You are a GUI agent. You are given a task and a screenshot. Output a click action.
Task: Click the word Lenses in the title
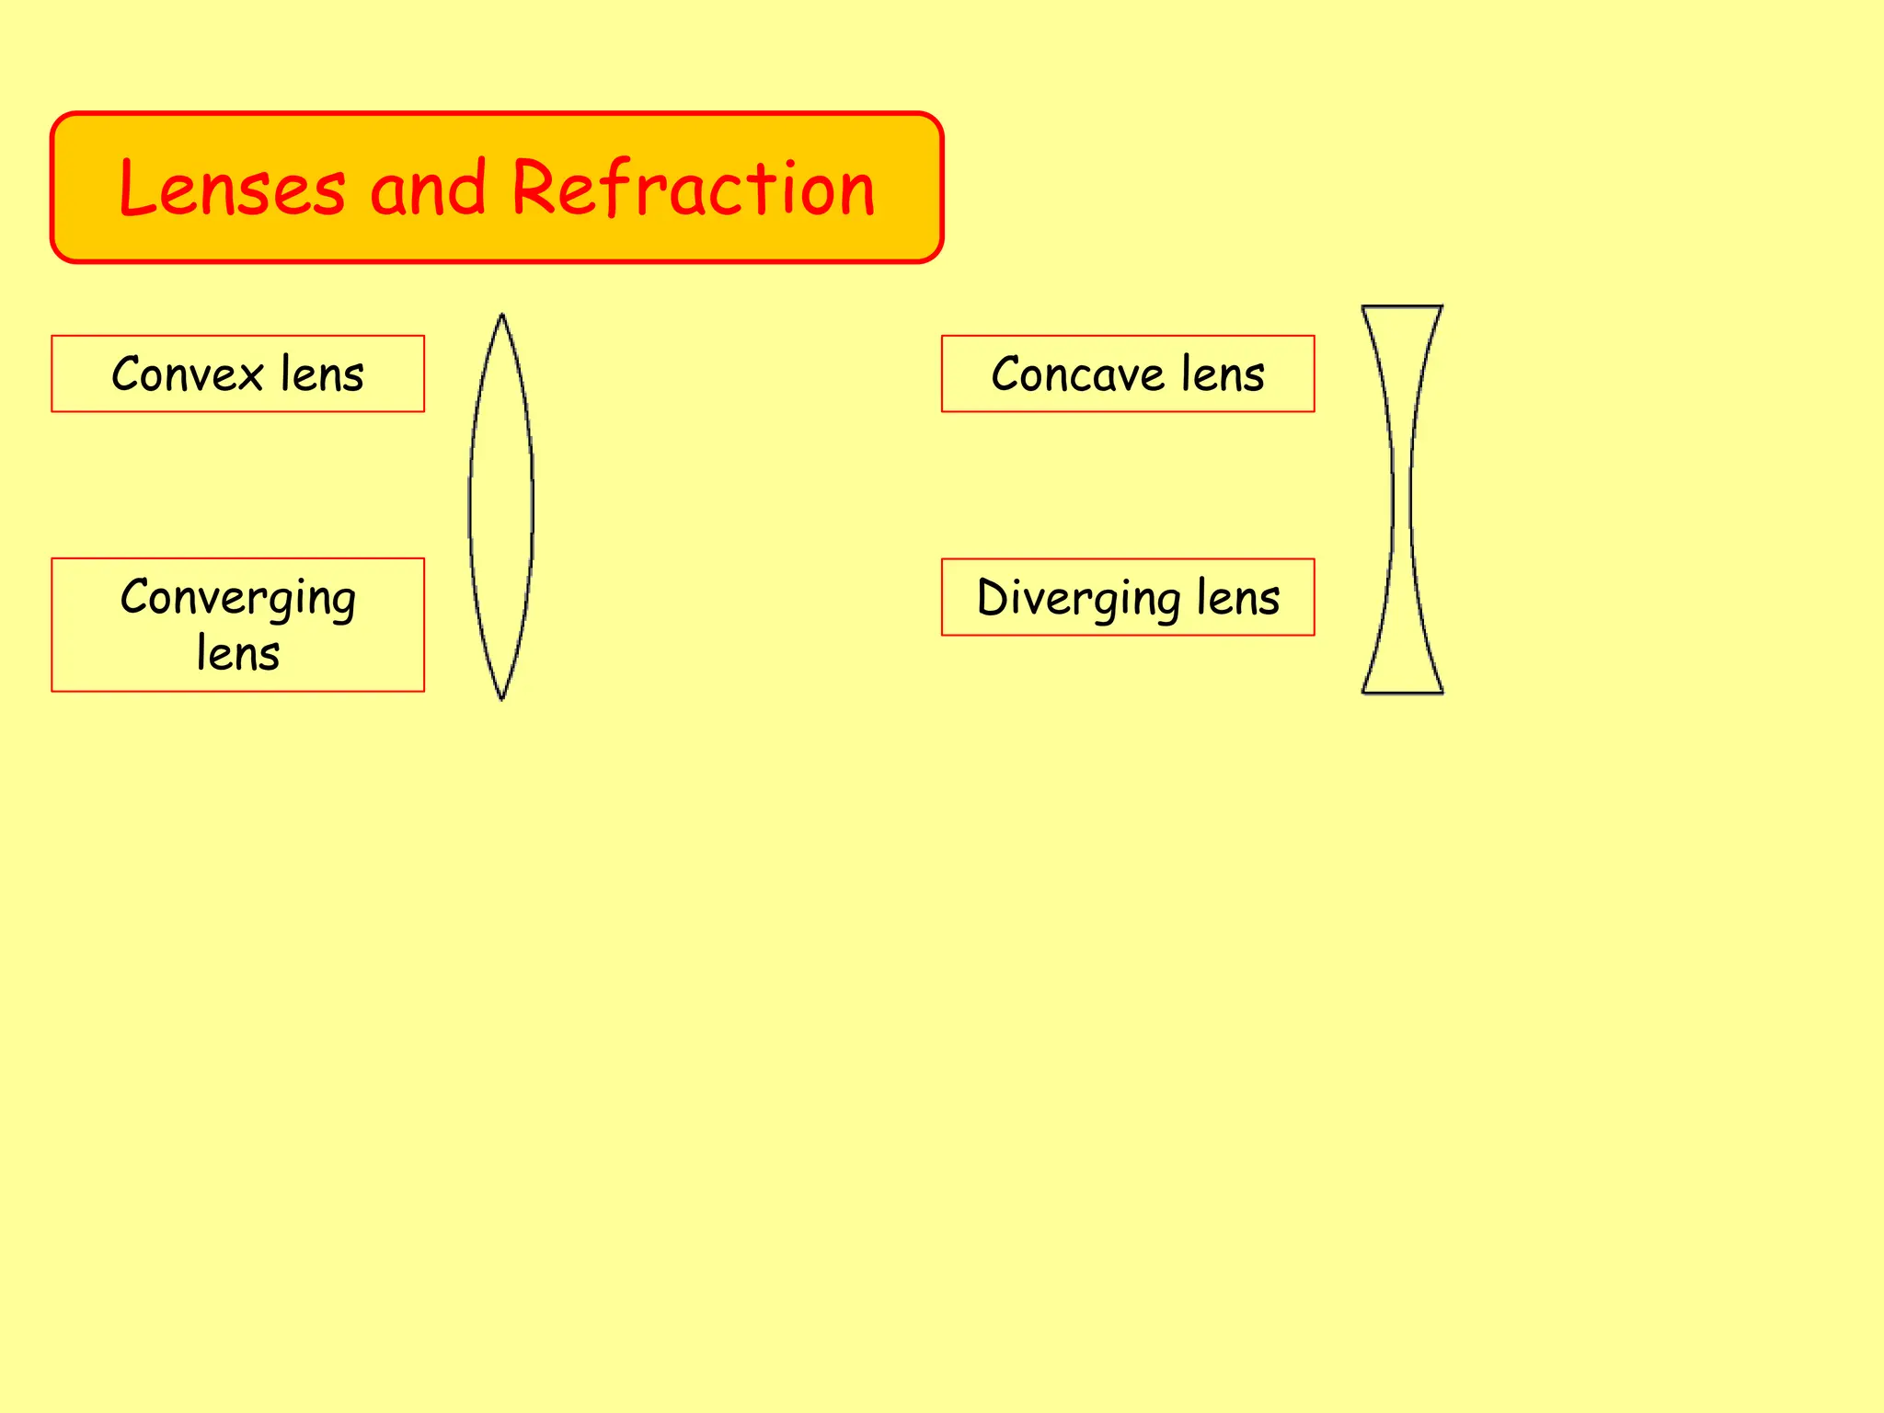[x=232, y=189]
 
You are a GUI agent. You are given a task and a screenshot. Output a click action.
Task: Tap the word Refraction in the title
[x=692, y=189]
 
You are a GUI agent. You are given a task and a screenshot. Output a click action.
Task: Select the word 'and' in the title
[x=427, y=189]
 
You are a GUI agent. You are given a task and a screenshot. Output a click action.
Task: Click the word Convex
[x=188, y=374]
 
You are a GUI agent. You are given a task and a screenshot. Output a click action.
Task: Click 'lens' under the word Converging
[x=237, y=654]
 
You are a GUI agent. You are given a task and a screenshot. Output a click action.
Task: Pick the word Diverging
[x=1077, y=599]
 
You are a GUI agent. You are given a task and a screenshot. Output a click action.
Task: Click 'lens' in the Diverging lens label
[x=1238, y=598]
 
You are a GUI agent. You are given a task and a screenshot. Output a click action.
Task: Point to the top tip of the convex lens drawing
[x=501, y=316]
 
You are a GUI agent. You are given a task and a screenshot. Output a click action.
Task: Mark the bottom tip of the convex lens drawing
[x=501, y=698]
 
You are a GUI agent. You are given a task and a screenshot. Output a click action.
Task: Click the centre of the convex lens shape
[x=501, y=506]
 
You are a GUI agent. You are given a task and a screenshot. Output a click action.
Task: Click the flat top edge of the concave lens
[x=1402, y=306]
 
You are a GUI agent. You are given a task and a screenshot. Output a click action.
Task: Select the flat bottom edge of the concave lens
[x=1402, y=692]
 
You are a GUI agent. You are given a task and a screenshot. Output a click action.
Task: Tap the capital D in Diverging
[x=994, y=597]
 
